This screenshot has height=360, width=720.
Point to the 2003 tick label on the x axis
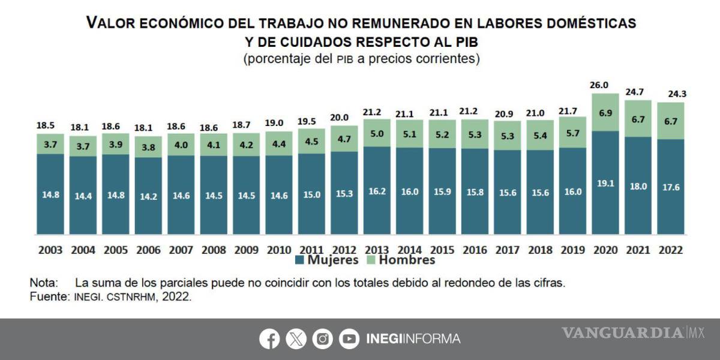50,250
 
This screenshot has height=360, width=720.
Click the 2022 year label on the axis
671,250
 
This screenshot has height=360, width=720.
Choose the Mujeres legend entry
326,260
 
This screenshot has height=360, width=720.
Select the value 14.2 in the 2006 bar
148,196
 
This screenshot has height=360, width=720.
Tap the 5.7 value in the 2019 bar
573,133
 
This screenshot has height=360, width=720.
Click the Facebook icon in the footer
269,339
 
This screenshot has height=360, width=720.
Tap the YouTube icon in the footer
349,339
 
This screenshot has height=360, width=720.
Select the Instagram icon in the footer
323,339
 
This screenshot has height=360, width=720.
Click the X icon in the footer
296,339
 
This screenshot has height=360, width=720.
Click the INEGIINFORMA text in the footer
413,339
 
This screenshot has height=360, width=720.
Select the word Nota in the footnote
44,283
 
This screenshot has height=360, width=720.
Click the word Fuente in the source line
49,296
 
